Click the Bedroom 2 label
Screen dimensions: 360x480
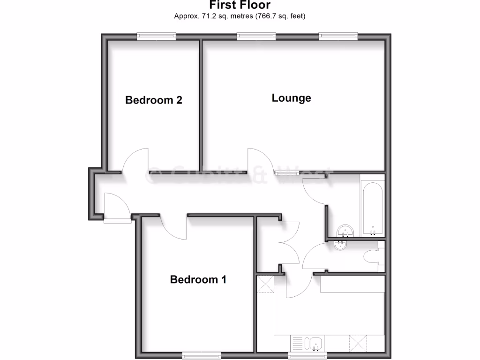tap(154, 100)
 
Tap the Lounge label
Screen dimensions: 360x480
tap(291, 98)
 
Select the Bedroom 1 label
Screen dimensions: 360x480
tap(198, 280)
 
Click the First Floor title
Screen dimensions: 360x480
tap(240, 6)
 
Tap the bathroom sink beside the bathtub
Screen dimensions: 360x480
tap(346, 231)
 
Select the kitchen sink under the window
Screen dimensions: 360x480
tap(313, 344)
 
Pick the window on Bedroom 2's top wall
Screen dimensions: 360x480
tap(157, 36)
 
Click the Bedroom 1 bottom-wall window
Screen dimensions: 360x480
tap(202, 356)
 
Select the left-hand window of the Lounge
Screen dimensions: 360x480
tap(256, 36)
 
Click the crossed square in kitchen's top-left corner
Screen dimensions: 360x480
tap(265, 284)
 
